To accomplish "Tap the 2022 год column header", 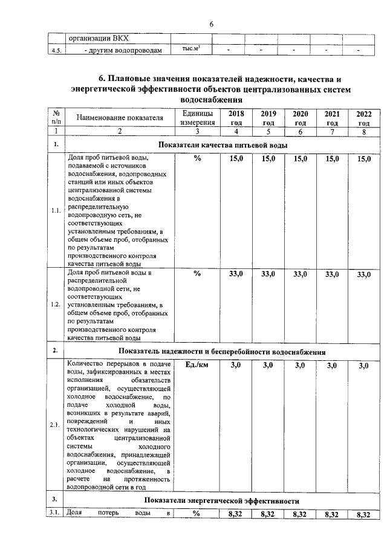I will [x=363, y=118].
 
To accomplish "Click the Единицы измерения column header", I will [x=197, y=118].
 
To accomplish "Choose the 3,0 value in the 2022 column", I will [x=363, y=366].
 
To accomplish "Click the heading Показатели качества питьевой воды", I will [x=223, y=145].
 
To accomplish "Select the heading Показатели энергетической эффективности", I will [x=223, y=501].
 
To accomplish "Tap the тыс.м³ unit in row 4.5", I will [x=191, y=48].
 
